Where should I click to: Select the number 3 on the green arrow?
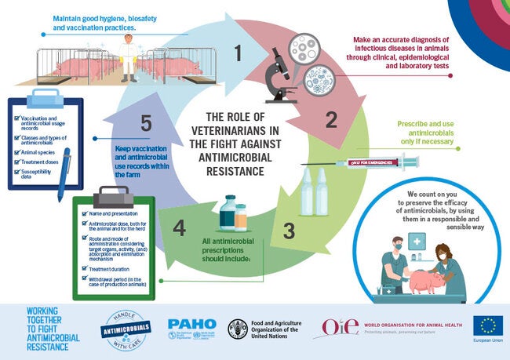coord(289,231)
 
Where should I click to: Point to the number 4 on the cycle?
coord(180,228)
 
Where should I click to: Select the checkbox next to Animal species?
coord(19,154)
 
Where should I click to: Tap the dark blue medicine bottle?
coord(228,213)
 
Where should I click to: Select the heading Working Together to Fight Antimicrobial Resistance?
coord(40,326)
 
